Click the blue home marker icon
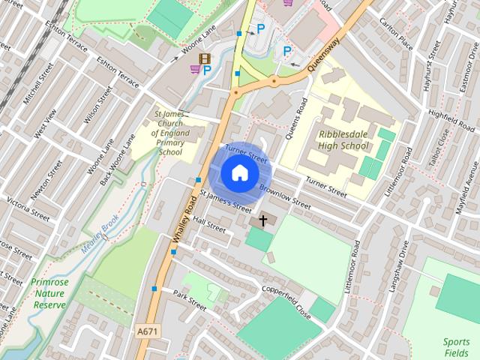click(x=239, y=172)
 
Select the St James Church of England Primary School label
click(x=170, y=132)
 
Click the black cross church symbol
click(x=262, y=220)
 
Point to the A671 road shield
click(x=147, y=330)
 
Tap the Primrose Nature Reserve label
click(x=49, y=293)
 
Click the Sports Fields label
click(x=456, y=347)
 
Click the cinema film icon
click(x=205, y=58)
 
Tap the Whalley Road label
click(x=183, y=217)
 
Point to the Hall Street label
click(x=208, y=223)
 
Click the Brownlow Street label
click(x=285, y=196)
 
